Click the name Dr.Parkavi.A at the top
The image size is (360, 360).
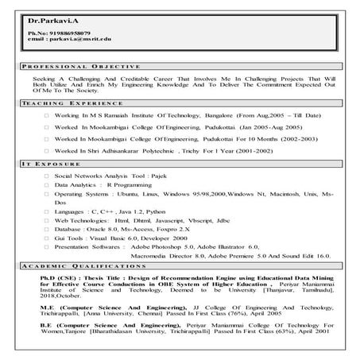coord(45,17)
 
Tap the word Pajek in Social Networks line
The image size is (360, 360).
coord(161,174)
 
